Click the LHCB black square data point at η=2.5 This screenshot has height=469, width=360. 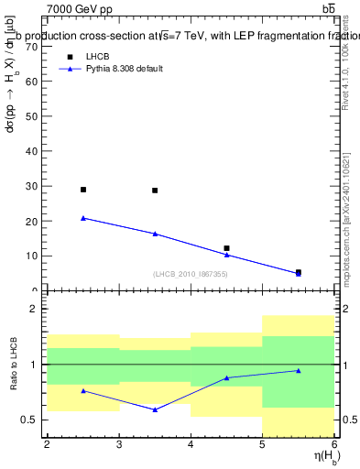(x=83, y=190)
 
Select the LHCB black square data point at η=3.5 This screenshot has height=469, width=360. (x=155, y=191)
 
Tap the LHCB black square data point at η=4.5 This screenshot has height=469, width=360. (x=226, y=248)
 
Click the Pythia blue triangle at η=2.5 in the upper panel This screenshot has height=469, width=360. (x=83, y=218)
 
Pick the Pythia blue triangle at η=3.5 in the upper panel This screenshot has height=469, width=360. (x=155, y=234)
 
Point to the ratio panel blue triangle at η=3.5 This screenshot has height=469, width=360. (x=155, y=409)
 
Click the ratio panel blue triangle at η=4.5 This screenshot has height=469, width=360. (x=226, y=377)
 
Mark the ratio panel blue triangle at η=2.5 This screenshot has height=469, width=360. (x=83, y=391)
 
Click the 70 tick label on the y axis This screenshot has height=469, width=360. (x=31, y=46)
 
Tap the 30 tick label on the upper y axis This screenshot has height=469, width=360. (x=31, y=186)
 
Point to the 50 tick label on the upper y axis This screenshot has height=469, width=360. (x=31, y=116)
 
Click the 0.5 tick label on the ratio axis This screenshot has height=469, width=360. (x=28, y=420)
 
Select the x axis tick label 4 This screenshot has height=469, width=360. (x=191, y=444)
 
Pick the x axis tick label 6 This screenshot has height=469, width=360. (x=333, y=444)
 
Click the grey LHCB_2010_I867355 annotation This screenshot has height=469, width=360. (x=191, y=274)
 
